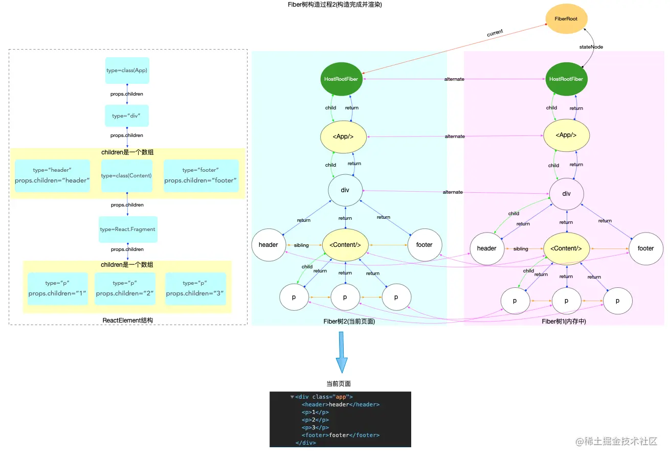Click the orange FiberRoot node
tap(566, 19)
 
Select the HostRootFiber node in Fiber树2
tap(341, 79)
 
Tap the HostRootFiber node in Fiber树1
tap(566, 79)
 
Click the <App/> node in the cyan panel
tap(343, 136)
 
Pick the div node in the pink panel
tap(566, 194)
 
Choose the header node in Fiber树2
tap(268, 245)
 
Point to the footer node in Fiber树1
tap(645, 248)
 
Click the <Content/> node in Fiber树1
tap(566, 248)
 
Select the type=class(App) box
tap(127, 71)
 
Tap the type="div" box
tap(126, 116)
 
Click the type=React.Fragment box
tap(128, 229)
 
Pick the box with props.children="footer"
tap(201, 175)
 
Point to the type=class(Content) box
tap(126, 175)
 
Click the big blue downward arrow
tap(342, 353)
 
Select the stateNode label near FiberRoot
tap(591, 47)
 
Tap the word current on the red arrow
tap(495, 32)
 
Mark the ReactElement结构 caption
tap(128, 320)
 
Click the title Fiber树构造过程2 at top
tap(335, 5)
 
